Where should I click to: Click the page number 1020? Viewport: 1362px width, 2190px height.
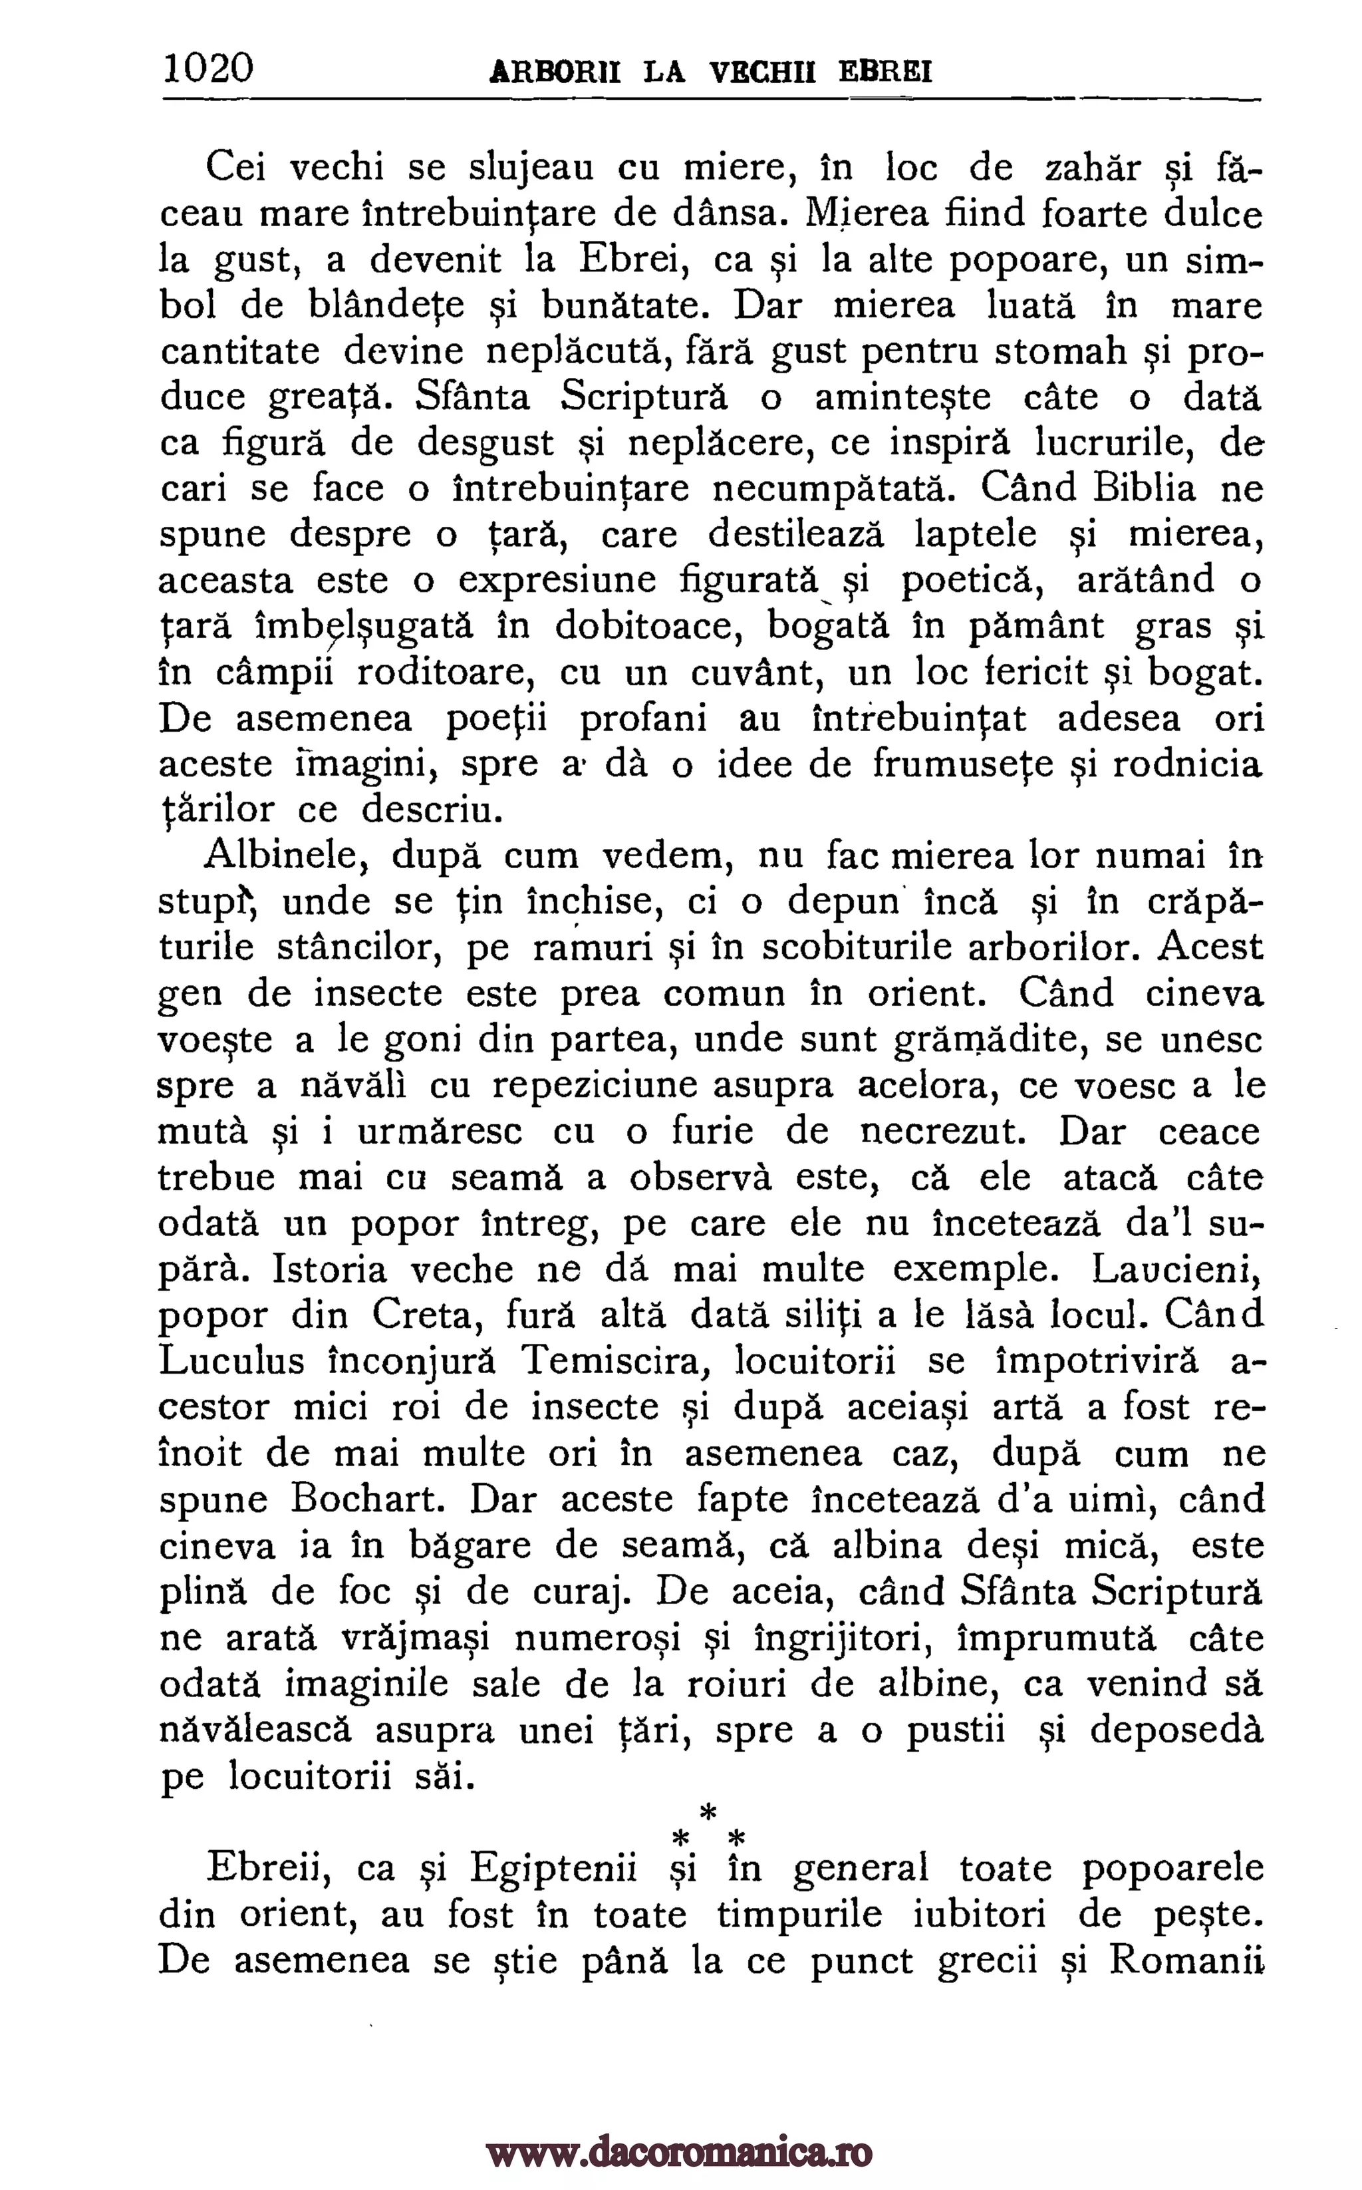[208, 68]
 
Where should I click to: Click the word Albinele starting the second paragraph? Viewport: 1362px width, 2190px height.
[283, 855]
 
